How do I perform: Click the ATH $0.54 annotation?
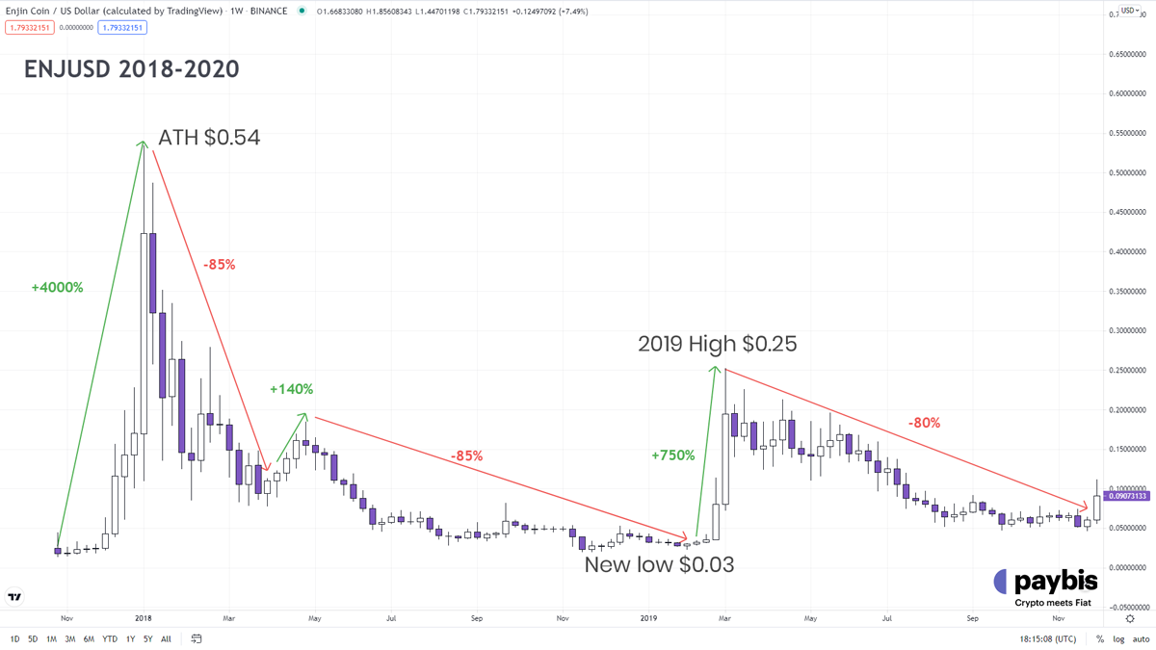tap(209, 138)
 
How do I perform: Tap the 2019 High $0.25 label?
tap(718, 344)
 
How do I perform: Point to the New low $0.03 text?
tap(659, 564)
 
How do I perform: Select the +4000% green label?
tap(57, 287)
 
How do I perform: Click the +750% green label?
tap(672, 455)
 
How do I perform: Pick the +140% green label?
tap(291, 389)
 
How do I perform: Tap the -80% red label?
tap(924, 422)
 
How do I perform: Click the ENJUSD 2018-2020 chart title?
tap(132, 69)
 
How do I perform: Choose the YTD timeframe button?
tap(110, 639)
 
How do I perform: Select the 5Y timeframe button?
tap(147, 639)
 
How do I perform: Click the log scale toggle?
tap(1118, 639)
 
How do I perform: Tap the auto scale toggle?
tap(1141, 639)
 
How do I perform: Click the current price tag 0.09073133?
tap(1127, 496)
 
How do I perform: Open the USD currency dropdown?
tap(1129, 11)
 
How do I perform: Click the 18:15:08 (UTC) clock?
tap(1048, 639)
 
